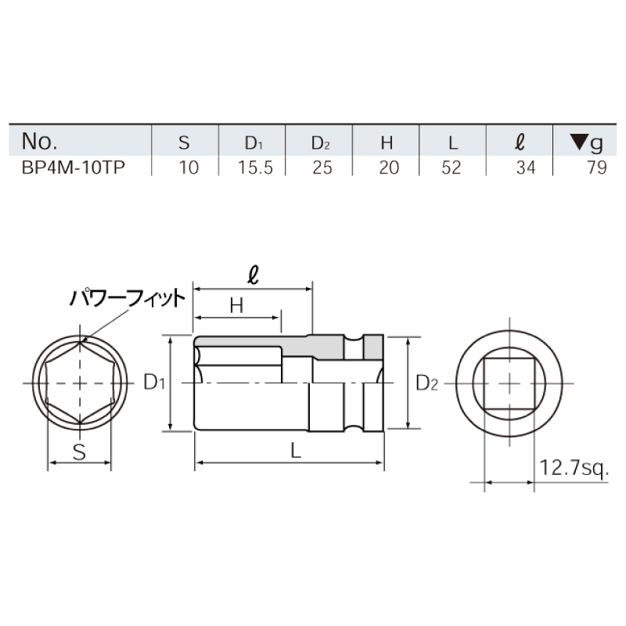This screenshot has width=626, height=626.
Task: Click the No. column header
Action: (40, 142)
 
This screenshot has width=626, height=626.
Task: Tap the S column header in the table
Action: (184, 142)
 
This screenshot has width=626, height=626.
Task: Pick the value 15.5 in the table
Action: (251, 167)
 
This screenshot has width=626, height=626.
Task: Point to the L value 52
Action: (452, 167)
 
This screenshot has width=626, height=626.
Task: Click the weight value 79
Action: (596, 167)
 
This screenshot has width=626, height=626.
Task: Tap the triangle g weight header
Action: (587, 142)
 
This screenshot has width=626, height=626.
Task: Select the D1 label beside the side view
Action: (154, 383)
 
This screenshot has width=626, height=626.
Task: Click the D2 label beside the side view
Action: (427, 383)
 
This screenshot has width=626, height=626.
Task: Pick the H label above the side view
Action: (236, 307)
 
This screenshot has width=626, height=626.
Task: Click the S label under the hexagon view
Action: (79, 449)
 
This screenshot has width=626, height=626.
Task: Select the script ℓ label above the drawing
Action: (252, 276)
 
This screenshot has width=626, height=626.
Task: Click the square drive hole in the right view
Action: (509, 382)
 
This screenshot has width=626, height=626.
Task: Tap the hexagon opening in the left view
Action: (81, 383)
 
